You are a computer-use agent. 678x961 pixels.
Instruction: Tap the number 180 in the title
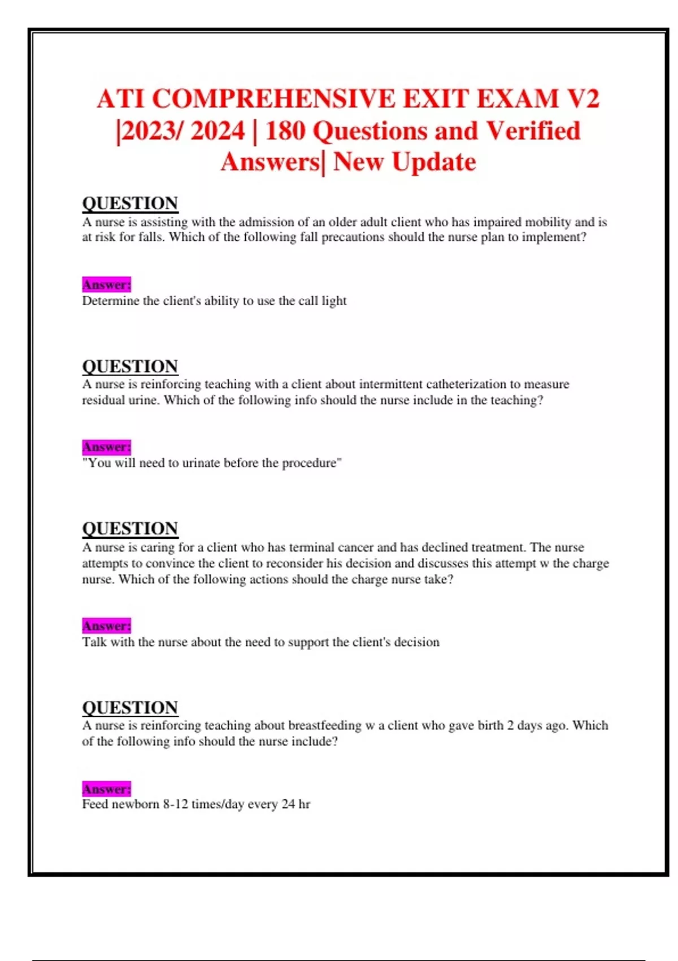285,131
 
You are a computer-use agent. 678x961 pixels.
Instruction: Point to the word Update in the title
433,162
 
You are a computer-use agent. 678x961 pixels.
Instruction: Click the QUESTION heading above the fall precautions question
130,203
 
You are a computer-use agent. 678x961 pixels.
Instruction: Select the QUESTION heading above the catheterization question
130,366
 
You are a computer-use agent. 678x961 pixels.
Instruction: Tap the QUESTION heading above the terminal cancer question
130,529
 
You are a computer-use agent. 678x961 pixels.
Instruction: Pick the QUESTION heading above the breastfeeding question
130,707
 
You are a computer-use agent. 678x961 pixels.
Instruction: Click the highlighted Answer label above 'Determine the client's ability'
106,284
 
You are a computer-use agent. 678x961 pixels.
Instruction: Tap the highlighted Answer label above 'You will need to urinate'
106,447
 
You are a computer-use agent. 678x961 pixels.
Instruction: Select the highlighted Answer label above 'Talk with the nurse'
106,626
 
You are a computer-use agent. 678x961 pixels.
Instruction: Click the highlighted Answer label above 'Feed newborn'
106,789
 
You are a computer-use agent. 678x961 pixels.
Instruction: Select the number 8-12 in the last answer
175,804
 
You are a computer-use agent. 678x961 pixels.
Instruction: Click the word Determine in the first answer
111,301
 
